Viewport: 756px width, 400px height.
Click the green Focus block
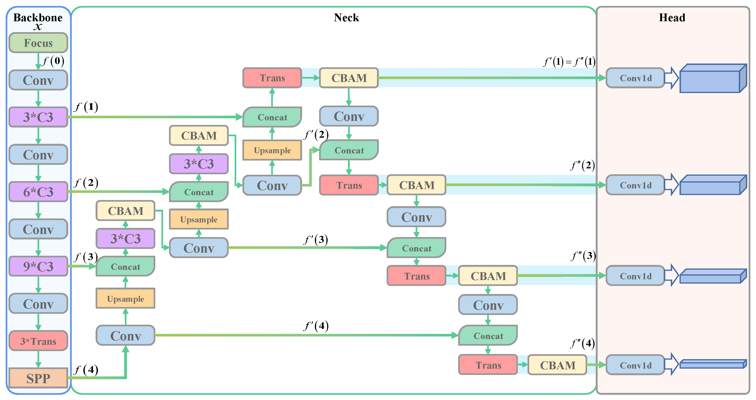pos(38,43)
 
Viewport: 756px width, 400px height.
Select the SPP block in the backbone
pos(38,378)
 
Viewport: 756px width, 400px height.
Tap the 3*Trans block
pos(38,341)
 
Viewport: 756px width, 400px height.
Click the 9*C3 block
pos(38,266)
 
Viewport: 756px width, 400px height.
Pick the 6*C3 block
pos(38,192)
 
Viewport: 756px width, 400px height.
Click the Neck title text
pos(346,18)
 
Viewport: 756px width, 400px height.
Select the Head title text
pos(672,18)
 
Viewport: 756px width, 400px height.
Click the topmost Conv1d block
pos(635,78)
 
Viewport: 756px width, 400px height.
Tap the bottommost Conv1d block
pos(635,365)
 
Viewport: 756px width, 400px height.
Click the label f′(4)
pos(316,325)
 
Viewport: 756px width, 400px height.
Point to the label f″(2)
pos(583,165)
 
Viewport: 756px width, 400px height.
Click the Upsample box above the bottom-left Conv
pos(126,298)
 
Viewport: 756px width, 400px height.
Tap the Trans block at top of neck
pos(272,78)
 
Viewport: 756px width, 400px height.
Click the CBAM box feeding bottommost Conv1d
pos(557,365)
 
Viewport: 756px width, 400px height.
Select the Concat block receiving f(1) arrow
pos(272,117)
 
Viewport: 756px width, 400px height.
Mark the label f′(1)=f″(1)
pos(569,62)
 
